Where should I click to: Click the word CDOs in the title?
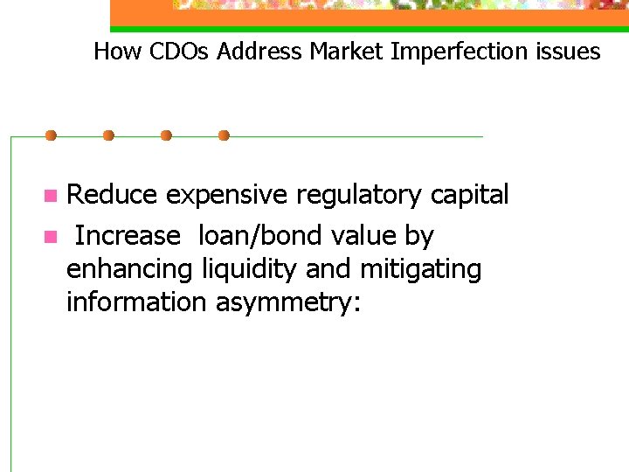pos(180,52)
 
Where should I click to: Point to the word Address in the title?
pos(260,52)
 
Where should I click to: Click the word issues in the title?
pos(572,52)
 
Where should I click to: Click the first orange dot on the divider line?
pos(51,135)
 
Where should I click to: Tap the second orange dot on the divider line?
pos(108,135)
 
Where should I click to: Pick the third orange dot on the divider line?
pos(166,135)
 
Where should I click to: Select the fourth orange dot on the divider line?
pos(224,135)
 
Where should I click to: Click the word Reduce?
pos(113,195)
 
